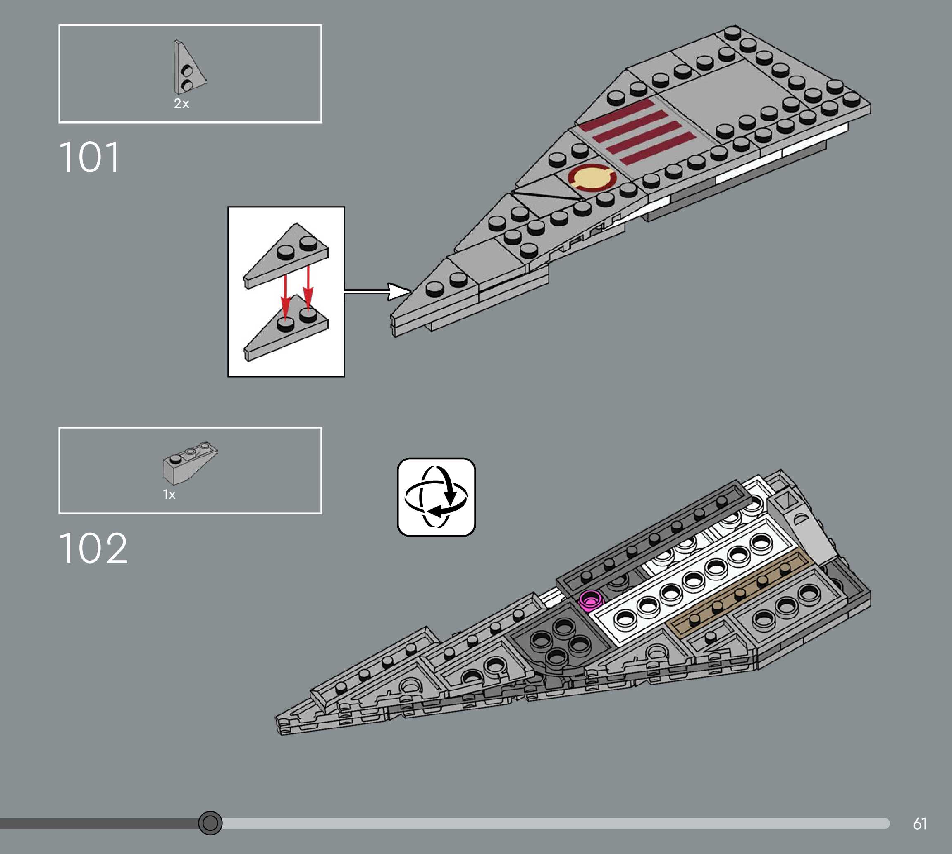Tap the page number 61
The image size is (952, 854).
919,823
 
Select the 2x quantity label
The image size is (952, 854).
181,104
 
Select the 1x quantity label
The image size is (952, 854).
169,495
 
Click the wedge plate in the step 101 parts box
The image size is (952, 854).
188,68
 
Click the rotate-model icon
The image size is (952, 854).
436,497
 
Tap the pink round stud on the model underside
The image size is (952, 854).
590,599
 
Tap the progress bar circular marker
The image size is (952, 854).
210,823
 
